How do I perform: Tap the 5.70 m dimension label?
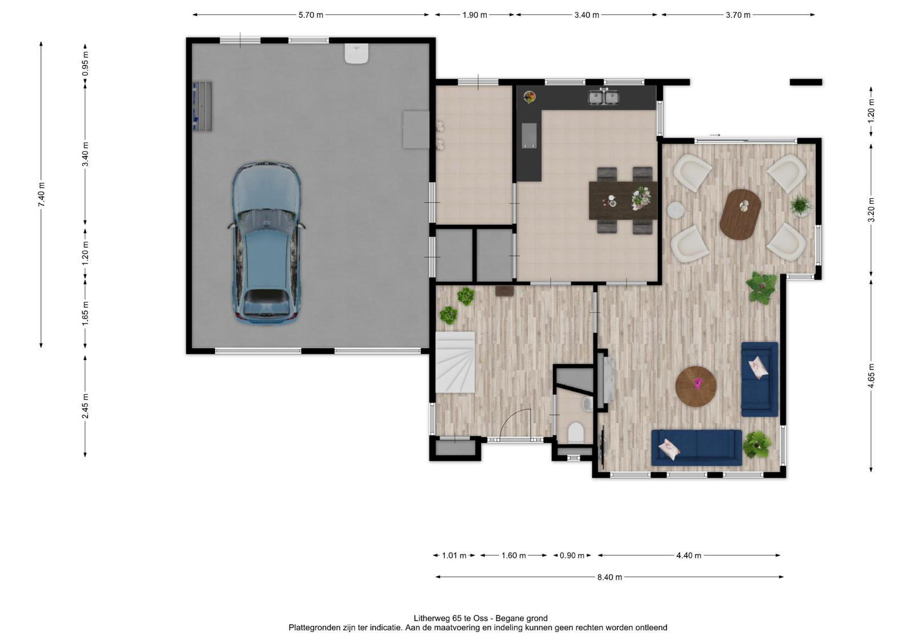pos(311,15)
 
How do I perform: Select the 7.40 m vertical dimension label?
pos(42,195)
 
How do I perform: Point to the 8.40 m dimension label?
pos(609,577)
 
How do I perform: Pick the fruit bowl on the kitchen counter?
pos(530,97)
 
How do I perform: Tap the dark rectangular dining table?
pos(623,200)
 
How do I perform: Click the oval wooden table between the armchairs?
pos(740,214)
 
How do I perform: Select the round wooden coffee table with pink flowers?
pos(696,386)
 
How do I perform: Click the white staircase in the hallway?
pos(455,362)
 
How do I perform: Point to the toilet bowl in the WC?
pos(576,432)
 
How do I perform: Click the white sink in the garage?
pos(357,54)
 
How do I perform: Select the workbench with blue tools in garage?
pos(202,106)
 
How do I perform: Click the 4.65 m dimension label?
pos(872,375)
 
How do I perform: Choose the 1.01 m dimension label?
pos(454,555)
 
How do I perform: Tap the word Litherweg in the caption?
pos(429,618)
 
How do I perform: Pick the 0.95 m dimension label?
pos(85,63)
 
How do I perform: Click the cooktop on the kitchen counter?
pos(529,136)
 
